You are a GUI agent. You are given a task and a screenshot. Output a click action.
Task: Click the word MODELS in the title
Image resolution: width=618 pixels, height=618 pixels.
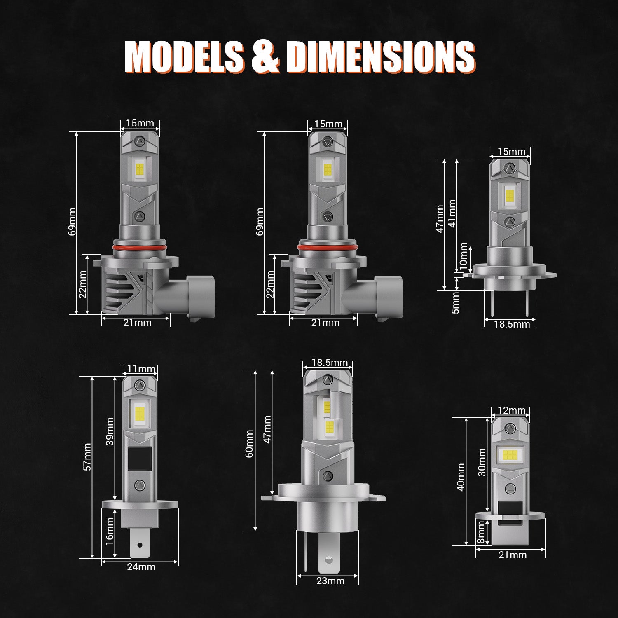click(x=184, y=56)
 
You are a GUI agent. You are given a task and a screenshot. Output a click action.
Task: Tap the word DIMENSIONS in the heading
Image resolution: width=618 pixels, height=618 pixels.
click(x=380, y=56)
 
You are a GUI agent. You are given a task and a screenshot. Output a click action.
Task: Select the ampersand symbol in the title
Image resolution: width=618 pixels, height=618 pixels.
click(x=265, y=56)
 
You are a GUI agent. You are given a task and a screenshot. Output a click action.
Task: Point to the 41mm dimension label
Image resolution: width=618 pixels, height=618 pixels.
click(x=452, y=213)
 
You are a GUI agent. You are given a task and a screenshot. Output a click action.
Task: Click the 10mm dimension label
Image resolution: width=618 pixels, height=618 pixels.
click(x=463, y=256)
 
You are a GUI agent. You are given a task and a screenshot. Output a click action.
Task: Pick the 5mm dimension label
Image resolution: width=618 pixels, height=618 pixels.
click(x=455, y=303)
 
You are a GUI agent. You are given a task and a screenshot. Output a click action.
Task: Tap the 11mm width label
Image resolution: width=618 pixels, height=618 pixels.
click(x=141, y=368)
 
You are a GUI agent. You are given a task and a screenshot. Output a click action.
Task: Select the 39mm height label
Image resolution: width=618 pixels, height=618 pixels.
click(x=110, y=431)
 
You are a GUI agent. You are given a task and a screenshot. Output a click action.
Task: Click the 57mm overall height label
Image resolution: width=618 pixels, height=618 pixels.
click(x=87, y=457)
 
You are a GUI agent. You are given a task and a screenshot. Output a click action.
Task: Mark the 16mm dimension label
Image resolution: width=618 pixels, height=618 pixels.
click(x=110, y=531)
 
